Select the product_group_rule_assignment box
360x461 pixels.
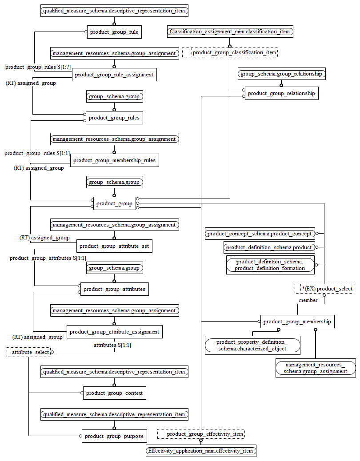[114, 75]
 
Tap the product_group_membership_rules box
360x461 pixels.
[114, 160]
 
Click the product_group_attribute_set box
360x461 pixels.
[114, 246]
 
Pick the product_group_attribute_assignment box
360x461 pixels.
[114, 332]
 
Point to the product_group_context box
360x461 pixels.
[114, 393]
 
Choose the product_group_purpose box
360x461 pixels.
[114, 436]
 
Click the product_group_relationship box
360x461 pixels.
[281, 93]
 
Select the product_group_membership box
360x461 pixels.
[297, 322]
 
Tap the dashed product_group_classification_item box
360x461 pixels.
[230, 53]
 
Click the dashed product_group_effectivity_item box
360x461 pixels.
[201, 434]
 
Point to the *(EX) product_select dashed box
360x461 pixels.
[324, 289]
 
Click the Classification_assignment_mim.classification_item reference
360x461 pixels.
[230, 32]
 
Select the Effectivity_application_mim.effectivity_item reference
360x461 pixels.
[201, 451]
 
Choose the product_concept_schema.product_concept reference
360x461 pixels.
[260, 234]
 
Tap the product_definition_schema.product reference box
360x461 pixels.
[269, 247]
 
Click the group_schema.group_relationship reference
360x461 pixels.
[281, 74]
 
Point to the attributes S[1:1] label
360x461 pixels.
[112, 345]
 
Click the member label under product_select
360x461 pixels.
[308, 300]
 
